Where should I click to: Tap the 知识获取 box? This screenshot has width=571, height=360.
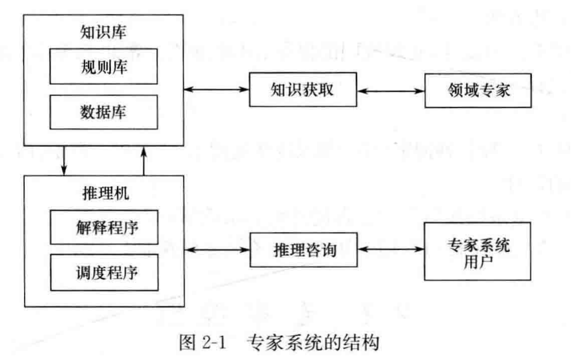click(x=302, y=89)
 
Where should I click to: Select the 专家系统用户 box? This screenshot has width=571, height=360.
click(x=478, y=251)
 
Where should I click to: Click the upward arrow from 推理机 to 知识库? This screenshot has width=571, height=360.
click(x=144, y=160)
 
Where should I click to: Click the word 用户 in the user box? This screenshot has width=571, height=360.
click(x=478, y=261)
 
